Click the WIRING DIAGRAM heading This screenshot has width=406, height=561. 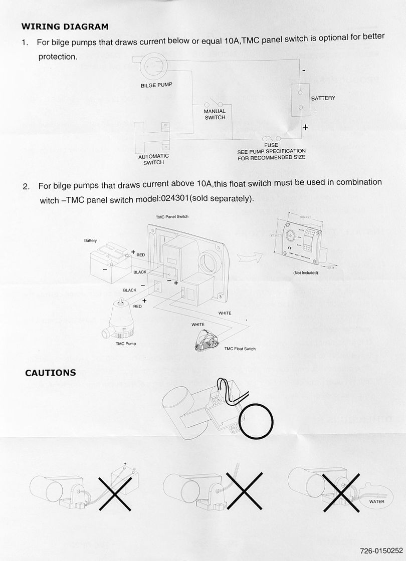tap(65, 27)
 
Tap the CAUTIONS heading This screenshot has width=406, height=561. tap(51, 373)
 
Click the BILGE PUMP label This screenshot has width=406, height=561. tap(156, 85)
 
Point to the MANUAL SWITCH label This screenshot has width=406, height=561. tap(215, 114)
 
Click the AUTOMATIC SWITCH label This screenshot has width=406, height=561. tap(153, 159)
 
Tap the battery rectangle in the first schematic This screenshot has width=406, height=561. tap(300, 100)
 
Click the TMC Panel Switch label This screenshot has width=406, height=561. tap(172, 217)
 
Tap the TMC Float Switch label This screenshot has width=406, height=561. tap(240, 349)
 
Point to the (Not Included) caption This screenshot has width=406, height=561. tap(305, 273)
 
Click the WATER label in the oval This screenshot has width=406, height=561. tap(376, 501)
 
